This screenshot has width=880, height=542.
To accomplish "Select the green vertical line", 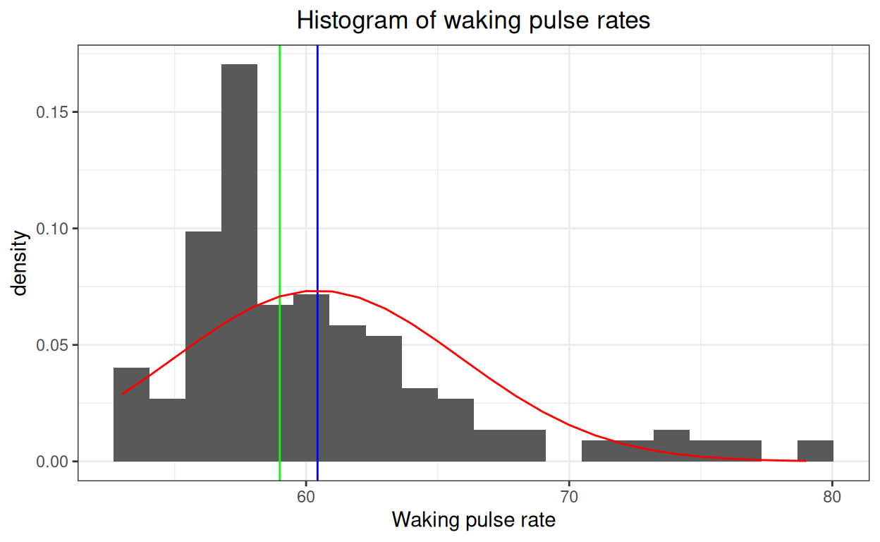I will [x=280, y=176].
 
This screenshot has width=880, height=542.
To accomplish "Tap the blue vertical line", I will [x=317, y=176].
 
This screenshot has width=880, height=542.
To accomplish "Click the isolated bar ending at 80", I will [x=815, y=451].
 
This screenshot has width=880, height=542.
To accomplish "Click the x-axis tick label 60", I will [x=306, y=497].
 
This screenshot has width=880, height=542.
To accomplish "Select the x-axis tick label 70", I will [x=569, y=497].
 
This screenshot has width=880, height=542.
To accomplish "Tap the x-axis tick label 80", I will [x=832, y=497].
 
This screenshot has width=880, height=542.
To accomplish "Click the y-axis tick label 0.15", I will [x=52, y=112].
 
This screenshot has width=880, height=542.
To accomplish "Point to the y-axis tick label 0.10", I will [x=52, y=229].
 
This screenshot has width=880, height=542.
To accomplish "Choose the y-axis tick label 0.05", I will [x=52, y=345].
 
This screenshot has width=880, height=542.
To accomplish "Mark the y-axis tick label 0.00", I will [x=52, y=462].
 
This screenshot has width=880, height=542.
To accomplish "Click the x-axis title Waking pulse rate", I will [x=473, y=521].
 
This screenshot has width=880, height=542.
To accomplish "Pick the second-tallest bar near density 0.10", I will [x=203, y=346].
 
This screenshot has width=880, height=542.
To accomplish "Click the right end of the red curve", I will [x=805, y=461].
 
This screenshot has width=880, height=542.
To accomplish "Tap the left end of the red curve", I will [x=123, y=394].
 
